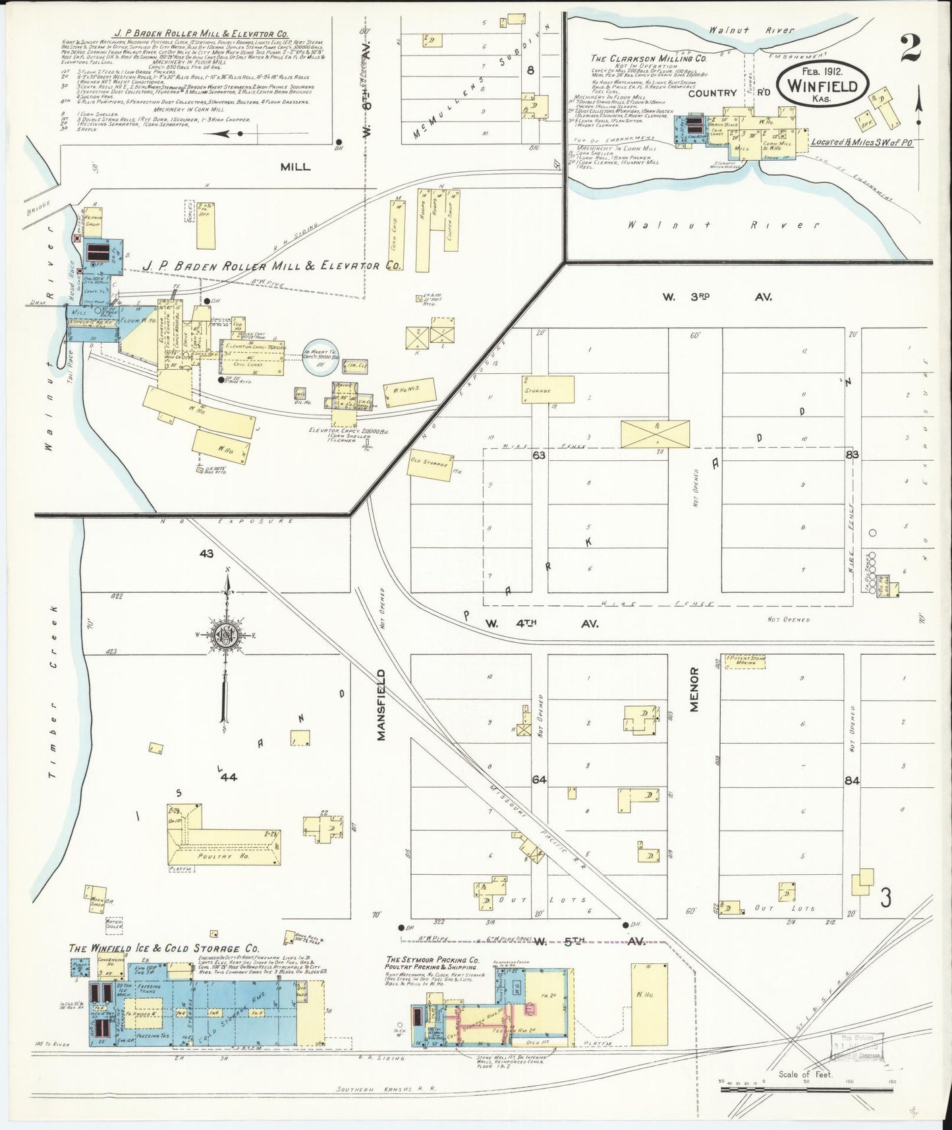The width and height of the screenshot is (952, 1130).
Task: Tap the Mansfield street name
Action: [x=381, y=705]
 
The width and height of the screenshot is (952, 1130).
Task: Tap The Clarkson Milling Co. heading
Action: [x=649, y=57]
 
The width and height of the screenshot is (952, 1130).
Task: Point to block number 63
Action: [x=540, y=454]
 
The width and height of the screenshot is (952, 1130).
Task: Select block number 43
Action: [x=206, y=554]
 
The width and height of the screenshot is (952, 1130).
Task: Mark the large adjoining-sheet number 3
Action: [x=886, y=897]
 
